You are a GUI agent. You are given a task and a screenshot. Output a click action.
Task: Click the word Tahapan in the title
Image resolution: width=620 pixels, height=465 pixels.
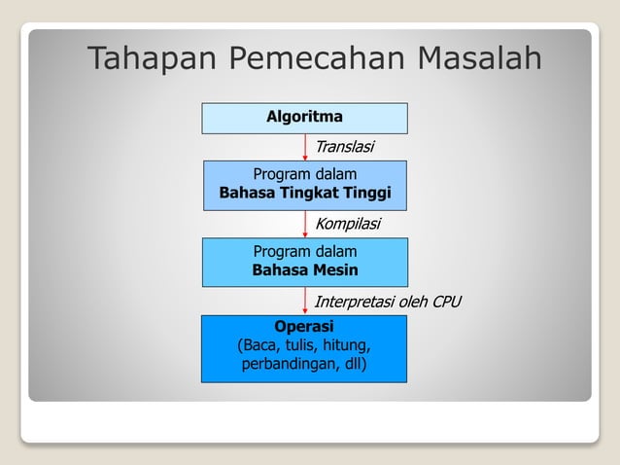tap(153, 60)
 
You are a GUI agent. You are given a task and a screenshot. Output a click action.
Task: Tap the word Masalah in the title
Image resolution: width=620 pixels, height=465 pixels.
tap(478, 59)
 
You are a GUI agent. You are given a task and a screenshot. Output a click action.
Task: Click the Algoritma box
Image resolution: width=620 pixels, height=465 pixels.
tap(304, 118)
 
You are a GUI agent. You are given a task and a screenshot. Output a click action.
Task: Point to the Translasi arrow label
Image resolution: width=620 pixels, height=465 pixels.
tap(344, 147)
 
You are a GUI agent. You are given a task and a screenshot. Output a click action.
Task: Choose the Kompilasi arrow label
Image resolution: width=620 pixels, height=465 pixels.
tap(347, 225)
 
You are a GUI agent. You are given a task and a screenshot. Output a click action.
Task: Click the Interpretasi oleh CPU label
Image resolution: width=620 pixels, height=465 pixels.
tap(387, 303)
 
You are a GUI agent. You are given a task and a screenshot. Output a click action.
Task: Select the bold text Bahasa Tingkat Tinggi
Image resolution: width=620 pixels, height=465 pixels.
tap(304, 194)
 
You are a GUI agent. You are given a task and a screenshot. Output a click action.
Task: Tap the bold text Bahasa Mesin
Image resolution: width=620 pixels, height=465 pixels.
tap(304, 270)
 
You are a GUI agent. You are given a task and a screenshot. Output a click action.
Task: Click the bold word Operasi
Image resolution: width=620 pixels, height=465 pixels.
tap(304, 326)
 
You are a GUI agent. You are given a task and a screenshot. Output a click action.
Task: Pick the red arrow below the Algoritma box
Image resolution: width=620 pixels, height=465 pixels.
tap(305, 147)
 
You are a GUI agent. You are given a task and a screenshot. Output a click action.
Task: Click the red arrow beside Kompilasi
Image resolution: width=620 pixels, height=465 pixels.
tap(305, 225)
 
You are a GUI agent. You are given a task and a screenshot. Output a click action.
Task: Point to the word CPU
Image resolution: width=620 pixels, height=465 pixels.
tap(445, 303)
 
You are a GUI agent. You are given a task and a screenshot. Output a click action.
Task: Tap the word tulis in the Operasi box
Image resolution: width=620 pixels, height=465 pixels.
tap(296, 346)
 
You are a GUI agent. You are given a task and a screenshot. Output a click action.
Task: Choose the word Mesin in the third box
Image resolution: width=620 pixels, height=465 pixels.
tap(334, 270)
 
